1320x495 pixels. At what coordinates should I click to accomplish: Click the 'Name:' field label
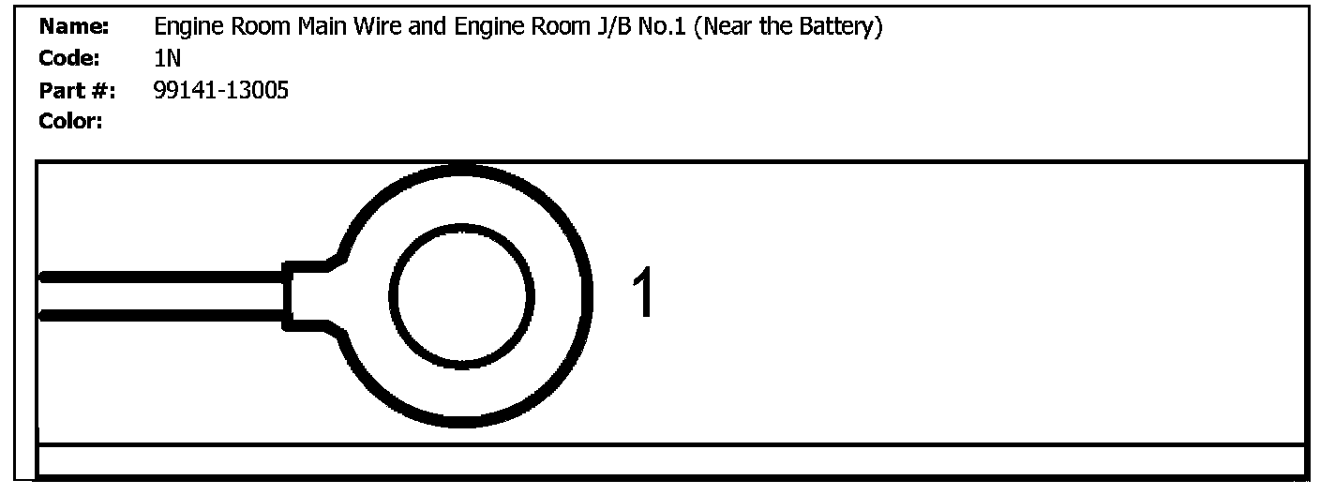[x=74, y=27]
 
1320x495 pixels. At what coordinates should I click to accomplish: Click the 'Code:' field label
[x=69, y=58]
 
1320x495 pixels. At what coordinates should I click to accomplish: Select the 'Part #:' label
[x=77, y=90]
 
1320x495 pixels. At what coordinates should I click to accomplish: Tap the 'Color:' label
[x=70, y=121]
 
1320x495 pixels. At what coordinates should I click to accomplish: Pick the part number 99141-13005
[x=220, y=90]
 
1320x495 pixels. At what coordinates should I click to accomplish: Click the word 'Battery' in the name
[x=838, y=27]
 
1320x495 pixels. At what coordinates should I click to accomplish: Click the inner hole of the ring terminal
[x=461, y=296]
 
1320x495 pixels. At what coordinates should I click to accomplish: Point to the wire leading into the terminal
[x=159, y=296]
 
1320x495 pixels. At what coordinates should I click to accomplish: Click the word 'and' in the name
[x=428, y=27]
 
